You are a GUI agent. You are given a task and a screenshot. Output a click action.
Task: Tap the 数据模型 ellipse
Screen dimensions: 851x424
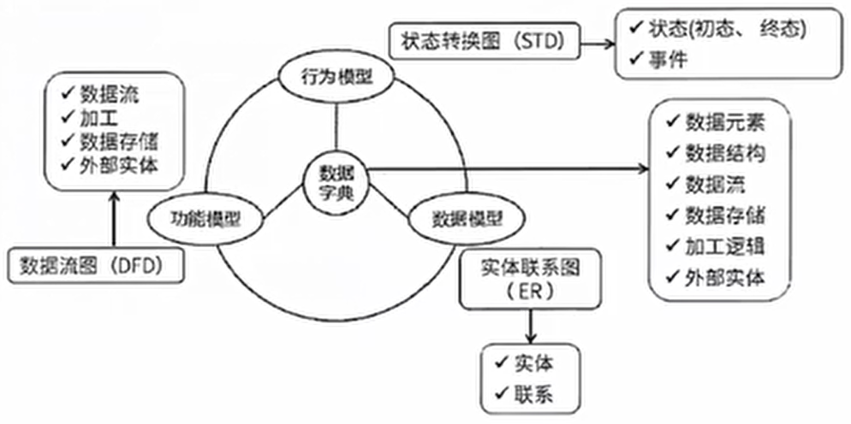click(467, 219)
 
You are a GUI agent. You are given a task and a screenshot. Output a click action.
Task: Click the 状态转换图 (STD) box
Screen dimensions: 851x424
click(483, 41)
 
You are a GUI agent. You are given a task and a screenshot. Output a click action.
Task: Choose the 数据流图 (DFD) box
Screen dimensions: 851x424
click(97, 266)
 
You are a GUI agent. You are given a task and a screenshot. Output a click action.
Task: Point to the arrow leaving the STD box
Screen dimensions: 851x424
click(595, 41)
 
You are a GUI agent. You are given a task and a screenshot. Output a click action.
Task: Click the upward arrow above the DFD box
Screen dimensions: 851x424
click(113, 220)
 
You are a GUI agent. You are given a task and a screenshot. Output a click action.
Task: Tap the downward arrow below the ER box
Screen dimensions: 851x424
click(532, 326)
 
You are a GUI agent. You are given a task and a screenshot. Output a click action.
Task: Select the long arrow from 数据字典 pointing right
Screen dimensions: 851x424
click(509, 169)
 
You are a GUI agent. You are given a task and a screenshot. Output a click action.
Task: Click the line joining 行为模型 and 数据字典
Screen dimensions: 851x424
click(336, 124)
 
